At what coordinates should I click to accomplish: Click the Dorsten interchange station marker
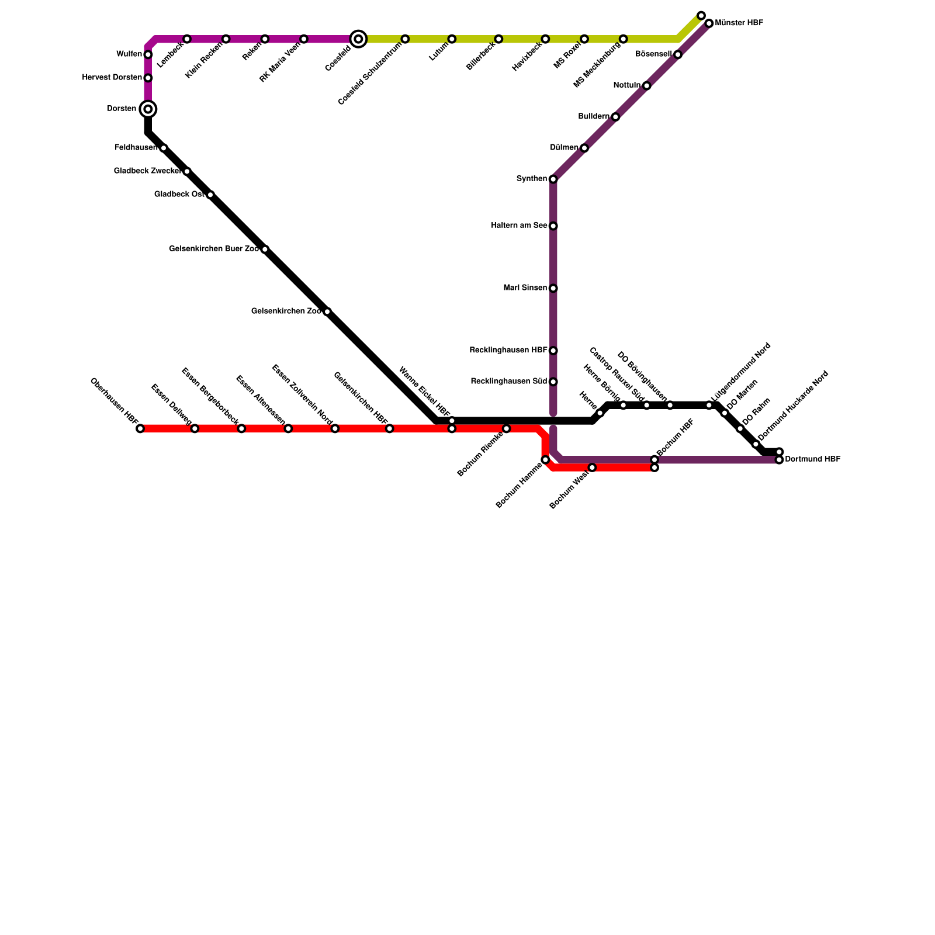point(148,109)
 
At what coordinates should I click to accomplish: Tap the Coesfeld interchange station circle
point(359,39)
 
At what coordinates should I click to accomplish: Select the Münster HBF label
point(739,23)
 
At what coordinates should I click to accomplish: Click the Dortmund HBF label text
point(812,459)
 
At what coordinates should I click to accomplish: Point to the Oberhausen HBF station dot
point(140,429)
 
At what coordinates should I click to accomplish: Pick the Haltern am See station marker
point(553,226)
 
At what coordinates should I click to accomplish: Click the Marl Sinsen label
point(525,288)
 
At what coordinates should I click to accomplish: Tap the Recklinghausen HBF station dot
point(553,351)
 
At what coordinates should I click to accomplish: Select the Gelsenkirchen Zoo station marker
point(327,312)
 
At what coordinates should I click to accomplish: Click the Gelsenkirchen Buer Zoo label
point(214,249)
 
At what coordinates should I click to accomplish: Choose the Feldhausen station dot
point(164,148)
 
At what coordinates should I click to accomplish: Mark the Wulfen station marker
point(148,55)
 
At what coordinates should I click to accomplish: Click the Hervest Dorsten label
point(112,78)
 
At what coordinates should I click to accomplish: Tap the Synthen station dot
point(553,179)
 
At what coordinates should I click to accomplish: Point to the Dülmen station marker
point(584,148)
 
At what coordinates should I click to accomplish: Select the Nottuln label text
point(626,85)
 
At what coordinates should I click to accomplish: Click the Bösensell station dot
point(678,55)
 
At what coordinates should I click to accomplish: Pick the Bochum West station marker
point(593,467)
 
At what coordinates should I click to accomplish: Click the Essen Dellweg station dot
point(195,429)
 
